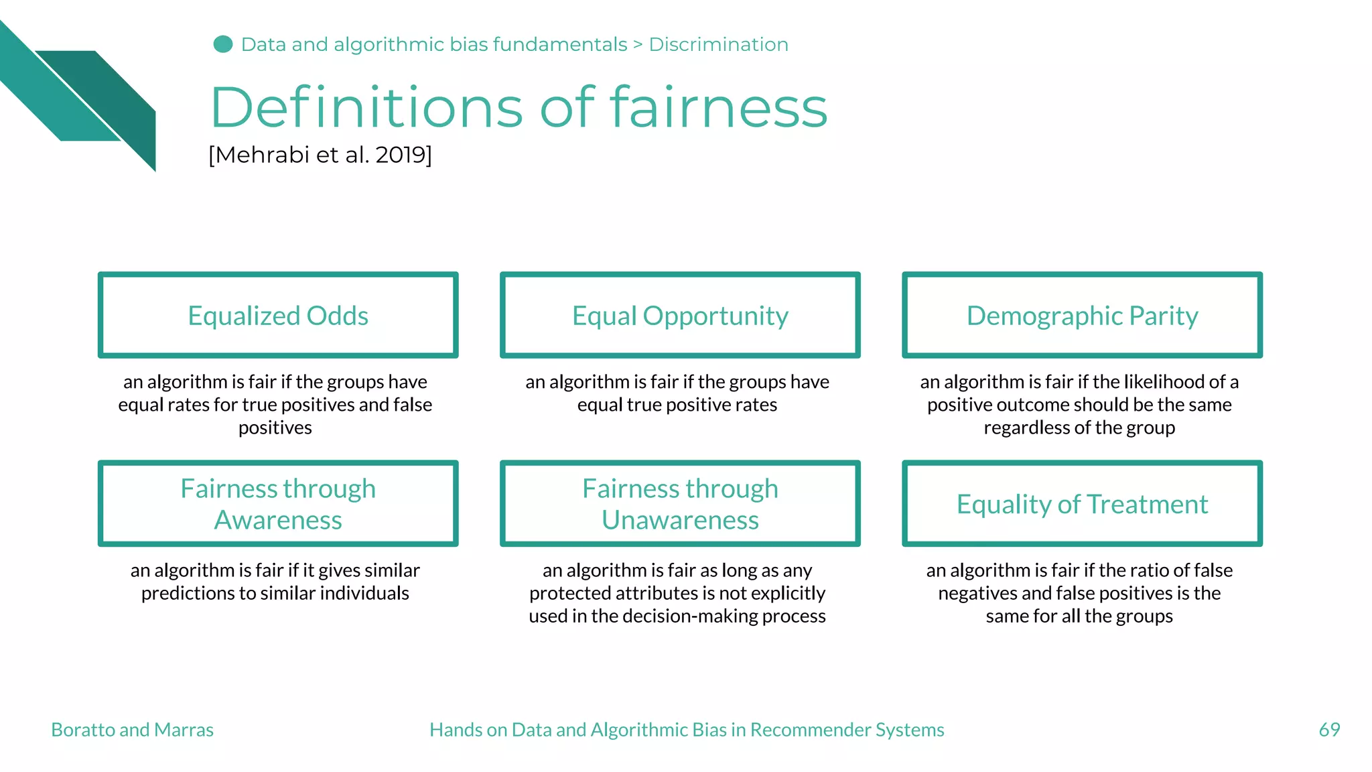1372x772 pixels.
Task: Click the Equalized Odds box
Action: pos(278,315)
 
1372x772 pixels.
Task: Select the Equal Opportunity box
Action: pos(680,315)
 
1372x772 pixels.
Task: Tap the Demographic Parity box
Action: pos(1082,315)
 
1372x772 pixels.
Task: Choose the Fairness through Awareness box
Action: pos(278,503)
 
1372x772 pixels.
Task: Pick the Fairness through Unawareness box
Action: pos(680,503)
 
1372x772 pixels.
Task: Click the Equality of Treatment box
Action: pos(1082,503)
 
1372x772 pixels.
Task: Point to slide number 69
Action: pos(1329,729)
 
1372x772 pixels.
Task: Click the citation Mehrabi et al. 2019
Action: pos(320,155)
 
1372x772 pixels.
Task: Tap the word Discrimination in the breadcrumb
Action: pos(718,44)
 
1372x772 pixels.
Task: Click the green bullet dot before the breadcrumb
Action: pos(223,44)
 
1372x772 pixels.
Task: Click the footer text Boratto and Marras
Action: pos(132,729)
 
